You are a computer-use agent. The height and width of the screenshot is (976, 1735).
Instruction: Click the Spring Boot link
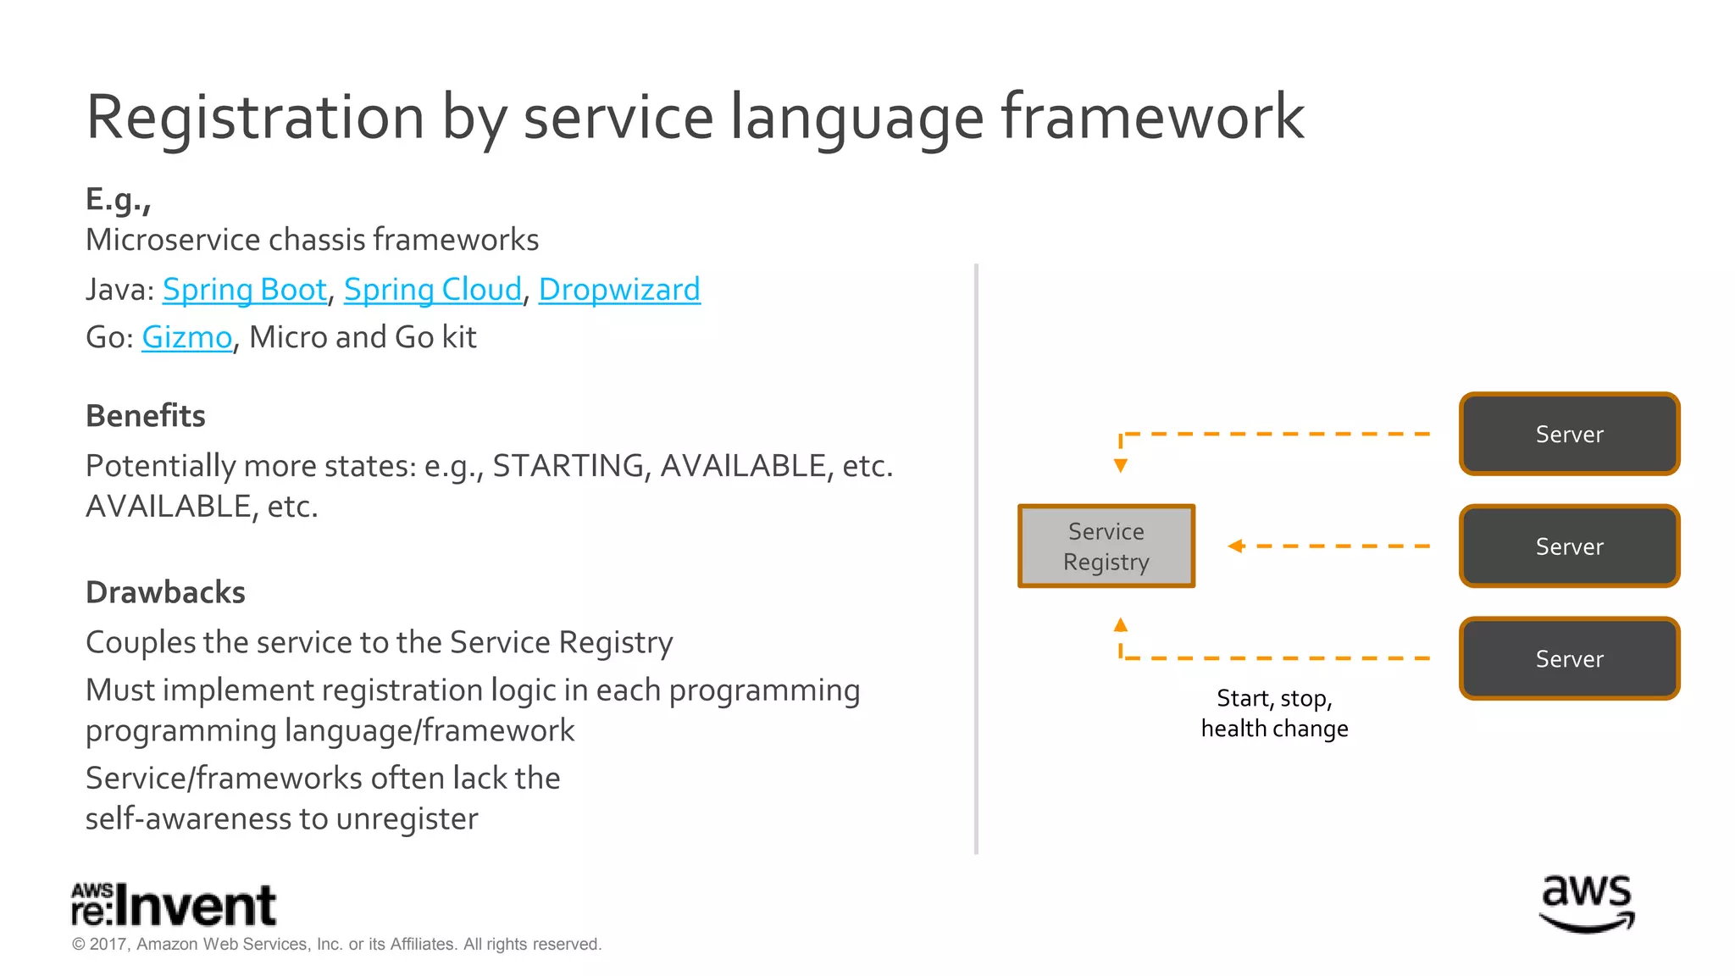(244, 290)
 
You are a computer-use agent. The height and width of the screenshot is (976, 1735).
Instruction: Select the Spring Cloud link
(432, 290)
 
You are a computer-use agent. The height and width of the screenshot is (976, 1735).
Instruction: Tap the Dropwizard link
(619, 290)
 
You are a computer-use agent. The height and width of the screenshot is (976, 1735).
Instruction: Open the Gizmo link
(186, 337)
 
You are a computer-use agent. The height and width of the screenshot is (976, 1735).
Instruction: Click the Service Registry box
(1106, 546)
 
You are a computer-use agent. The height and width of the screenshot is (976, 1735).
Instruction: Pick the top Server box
(1569, 434)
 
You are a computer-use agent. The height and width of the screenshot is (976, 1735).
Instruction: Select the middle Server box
(1569, 546)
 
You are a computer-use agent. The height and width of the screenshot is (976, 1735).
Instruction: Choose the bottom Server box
(1569, 658)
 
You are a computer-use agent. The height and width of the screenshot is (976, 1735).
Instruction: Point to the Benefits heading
(146, 416)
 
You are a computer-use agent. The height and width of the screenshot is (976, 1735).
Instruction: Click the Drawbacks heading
(165, 592)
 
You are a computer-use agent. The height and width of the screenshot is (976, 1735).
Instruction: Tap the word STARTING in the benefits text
(568, 466)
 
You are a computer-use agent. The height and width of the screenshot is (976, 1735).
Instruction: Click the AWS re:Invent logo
(174, 905)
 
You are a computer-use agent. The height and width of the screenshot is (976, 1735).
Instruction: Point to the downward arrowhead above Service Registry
(1120, 465)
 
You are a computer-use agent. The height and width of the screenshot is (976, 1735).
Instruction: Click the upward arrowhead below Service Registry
(1120, 625)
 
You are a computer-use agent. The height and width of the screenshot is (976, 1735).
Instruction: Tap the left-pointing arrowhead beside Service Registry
(1236, 546)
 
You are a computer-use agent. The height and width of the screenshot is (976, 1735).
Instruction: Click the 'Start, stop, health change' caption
(1274, 713)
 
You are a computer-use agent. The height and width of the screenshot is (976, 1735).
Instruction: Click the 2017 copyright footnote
(336, 944)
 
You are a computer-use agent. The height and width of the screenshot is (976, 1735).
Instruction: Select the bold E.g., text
(118, 199)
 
